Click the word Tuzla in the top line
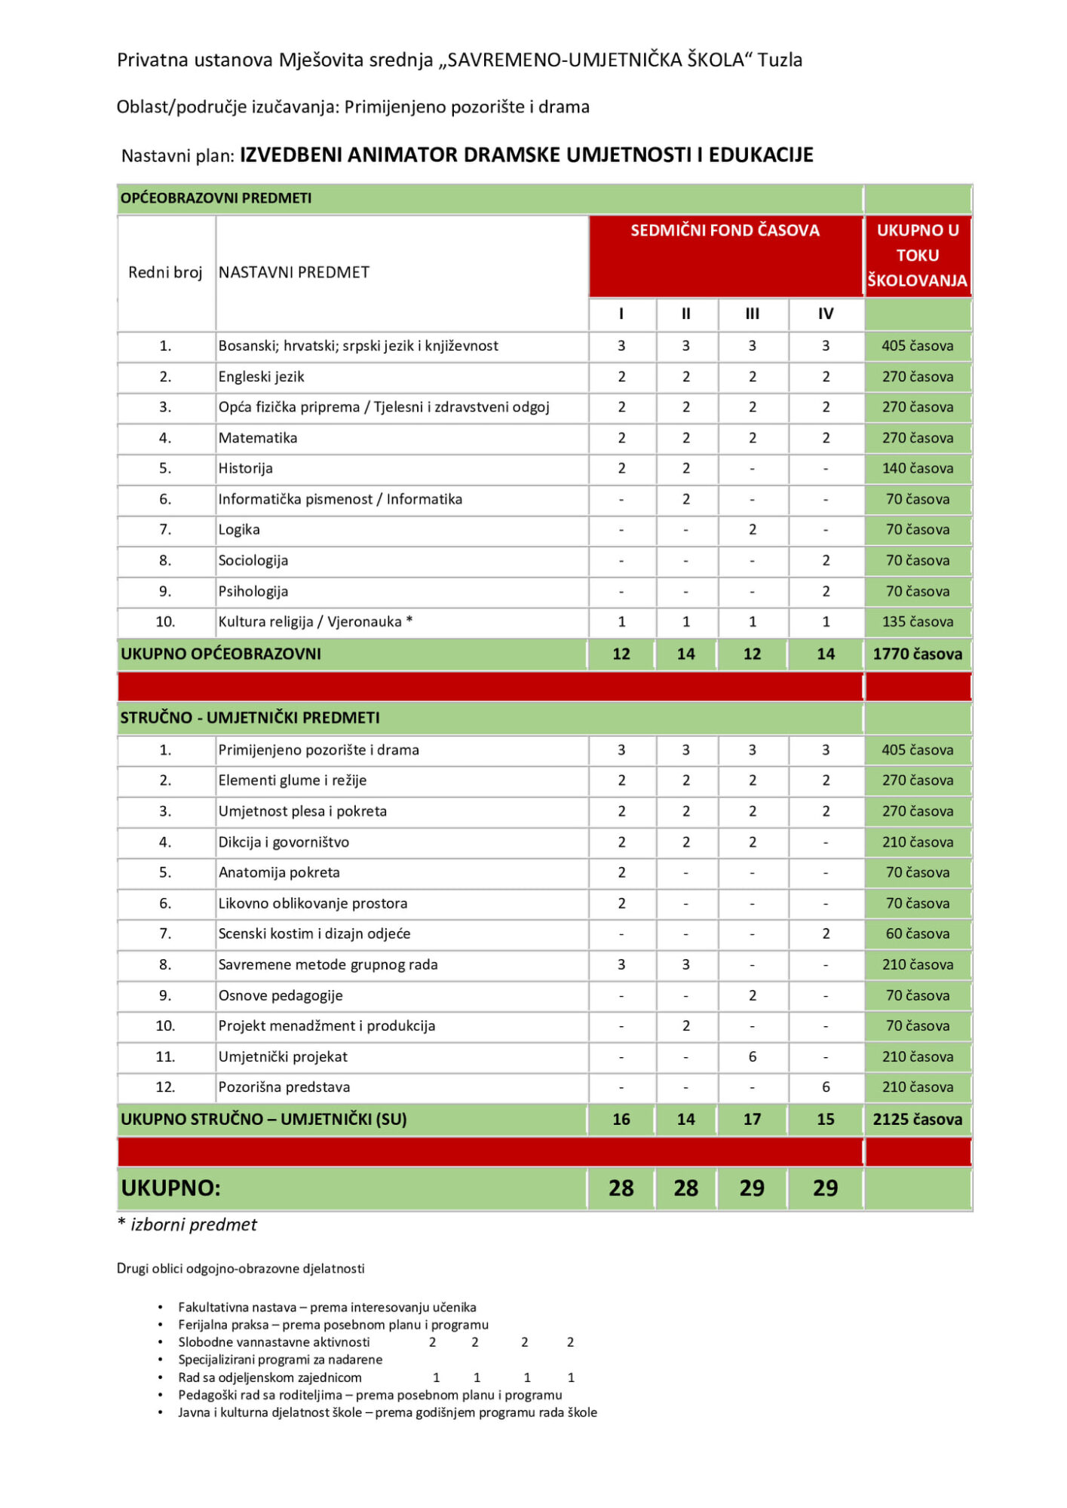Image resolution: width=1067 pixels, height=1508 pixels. pyautogui.click(x=780, y=60)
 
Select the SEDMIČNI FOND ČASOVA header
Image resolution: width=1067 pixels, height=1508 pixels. pyautogui.click(x=725, y=231)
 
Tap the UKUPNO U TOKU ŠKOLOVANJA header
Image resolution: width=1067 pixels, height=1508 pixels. pyautogui.click(x=917, y=256)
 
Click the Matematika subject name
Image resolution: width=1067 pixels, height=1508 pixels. pyautogui.click(x=258, y=438)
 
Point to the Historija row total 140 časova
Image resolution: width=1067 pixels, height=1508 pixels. pyautogui.click(x=917, y=468)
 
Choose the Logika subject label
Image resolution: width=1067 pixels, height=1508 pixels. pyautogui.click(x=239, y=529)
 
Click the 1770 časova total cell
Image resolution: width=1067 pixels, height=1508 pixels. pyautogui.click(x=917, y=654)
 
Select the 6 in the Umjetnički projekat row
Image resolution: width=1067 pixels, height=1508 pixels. pyautogui.click(x=752, y=1057)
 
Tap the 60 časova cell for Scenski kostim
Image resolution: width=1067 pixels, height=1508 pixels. pyautogui.click(x=917, y=934)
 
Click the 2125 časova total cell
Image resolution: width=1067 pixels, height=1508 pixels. pyautogui.click(x=917, y=1120)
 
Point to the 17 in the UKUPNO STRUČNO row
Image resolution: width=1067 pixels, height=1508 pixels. pyautogui.click(x=752, y=1120)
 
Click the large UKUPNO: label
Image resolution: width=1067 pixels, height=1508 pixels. pyautogui.click(x=170, y=1188)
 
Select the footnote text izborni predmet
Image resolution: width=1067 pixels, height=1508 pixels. pyautogui.click(x=193, y=1225)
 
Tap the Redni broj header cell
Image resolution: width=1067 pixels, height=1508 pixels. pyautogui.click(x=165, y=273)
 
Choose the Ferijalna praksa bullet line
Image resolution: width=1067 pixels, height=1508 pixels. pyautogui.click(x=333, y=1325)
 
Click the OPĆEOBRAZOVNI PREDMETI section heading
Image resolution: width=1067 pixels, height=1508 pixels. pyautogui.click(x=216, y=198)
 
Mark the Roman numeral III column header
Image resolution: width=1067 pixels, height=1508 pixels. pyautogui.click(x=752, y=314)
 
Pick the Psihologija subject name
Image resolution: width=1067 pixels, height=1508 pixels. pyautogui.click(x=253, y=591)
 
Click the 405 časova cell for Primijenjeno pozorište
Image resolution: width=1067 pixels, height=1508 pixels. pyautogui.click(x=917, y=750)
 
